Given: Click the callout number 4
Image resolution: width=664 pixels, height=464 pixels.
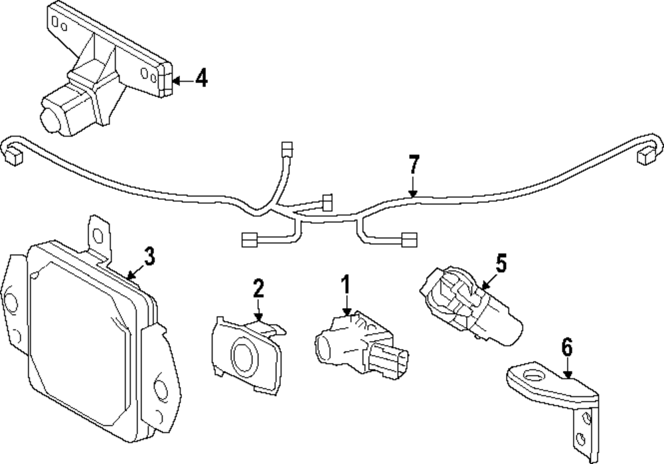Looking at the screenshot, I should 201,79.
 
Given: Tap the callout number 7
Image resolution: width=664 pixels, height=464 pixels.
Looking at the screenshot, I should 414,163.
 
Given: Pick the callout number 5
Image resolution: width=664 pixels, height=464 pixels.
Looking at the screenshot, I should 501,263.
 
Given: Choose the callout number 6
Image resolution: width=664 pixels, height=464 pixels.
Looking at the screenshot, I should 566,347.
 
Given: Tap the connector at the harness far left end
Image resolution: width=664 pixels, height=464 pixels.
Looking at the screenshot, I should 13,158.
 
